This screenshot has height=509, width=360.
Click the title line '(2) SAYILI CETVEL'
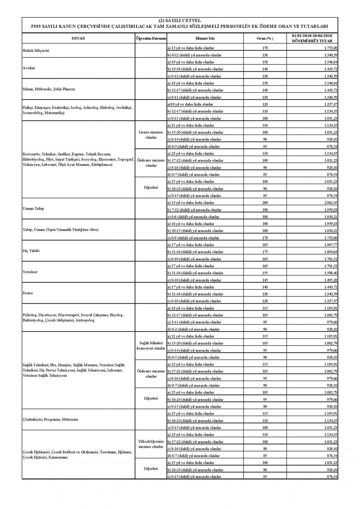tap(180, 20)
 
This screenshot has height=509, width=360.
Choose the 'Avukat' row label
tap(28, 68)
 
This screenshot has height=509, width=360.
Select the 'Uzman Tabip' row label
tap(33, 209)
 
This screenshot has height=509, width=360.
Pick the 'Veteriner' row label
tap(30, 272)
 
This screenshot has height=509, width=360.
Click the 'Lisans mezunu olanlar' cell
tap(151, 135)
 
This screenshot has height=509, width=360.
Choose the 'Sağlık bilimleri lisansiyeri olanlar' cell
tap(151, 345)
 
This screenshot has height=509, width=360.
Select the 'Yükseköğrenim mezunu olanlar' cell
tap(151, 445)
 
